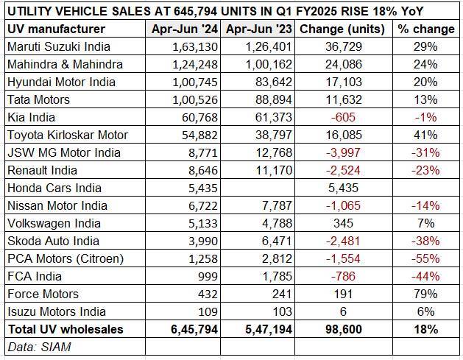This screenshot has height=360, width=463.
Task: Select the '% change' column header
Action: (x=426, y=29)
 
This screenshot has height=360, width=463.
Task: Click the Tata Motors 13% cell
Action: (x=427, y=99)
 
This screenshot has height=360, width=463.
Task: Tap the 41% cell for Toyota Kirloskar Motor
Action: (x=427, y=135)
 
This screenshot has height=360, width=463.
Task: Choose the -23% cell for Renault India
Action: (x=425, y=170)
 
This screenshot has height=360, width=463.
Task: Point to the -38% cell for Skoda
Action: (x=425, y=241)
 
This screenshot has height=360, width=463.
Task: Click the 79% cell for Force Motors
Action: (x=427, y=294)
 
